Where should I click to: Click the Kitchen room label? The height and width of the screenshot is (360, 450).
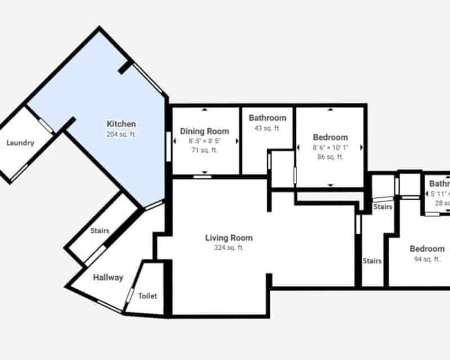pyautogui.click(x=121, y=124)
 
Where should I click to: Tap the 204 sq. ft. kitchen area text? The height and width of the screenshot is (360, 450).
pyautogui.click(x=121, y=134)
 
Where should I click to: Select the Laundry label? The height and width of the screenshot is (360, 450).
pyautogui.click(x=20, y=143)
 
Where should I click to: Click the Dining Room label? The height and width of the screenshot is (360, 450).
pyautogui.click(x=205, y=131)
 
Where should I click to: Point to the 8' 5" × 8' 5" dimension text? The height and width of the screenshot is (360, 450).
pyautogui.click(x=205, y=141)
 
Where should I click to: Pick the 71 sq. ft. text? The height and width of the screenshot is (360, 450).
pyautogui.click(x=205, y=150)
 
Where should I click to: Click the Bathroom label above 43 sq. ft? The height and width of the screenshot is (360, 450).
pyautogui.click(x=267, y=118)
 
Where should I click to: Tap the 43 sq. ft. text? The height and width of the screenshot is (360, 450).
pyautogui.click(x=267, y=128)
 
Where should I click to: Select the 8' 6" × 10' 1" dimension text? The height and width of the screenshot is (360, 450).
pyautogui.click(x=330, y=147)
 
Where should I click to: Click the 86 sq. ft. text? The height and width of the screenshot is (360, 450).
pyautogui.click(x=330, y=157)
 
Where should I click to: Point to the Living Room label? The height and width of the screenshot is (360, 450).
pyautogui.click(x=229, y=238)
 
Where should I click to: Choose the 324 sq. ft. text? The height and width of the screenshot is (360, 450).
pyautogui.click(x=229, y=247)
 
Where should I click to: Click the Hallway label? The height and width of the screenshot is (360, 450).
pyautogui.click(x=108, y=277)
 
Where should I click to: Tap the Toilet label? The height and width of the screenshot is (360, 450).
pyautogui.click(x=147, y=296)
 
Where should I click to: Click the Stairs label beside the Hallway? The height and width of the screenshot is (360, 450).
pyautogui.click(x=100, y=231)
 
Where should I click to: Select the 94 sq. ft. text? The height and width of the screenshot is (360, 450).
pyautogui.click(x=426, y=259)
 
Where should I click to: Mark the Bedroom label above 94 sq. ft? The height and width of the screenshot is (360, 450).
pyautogui.click(x=427, y=249)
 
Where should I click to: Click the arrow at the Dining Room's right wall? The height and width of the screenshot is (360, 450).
pyautogui.click(x=237, y=141)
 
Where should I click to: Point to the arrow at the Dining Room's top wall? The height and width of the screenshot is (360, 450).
pyautogui.click(x=205, y=109)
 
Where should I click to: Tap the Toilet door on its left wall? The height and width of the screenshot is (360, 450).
pyautogui.click(x=130, y=295)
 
